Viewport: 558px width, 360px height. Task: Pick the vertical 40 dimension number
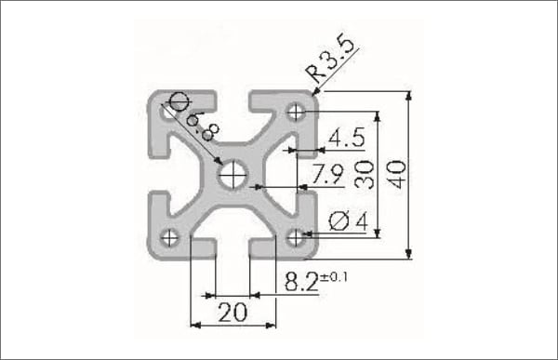[x=395, y=174]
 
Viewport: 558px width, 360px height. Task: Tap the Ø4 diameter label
[x=350, y=220]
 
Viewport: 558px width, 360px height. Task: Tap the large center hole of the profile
[x=232, y=173]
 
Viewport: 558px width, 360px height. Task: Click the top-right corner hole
[x=296, y=112]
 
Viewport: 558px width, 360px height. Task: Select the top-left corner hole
[x=169, y=110]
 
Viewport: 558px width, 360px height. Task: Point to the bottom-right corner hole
[x=296, y=237]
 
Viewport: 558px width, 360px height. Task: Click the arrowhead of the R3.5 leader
[x=315, y=94]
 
